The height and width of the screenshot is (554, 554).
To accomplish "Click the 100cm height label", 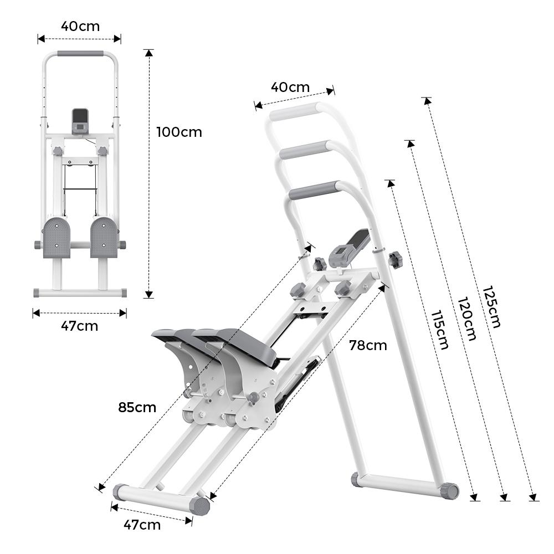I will click(179, 132).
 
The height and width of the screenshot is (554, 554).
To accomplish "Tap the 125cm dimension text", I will click(491, 306).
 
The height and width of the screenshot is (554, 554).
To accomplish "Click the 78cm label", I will click(368, 345).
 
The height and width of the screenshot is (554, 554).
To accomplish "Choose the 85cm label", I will click(137, 407).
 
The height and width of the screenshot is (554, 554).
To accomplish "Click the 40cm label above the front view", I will click(80, 26).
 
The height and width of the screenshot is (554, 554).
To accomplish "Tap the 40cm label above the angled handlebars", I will click(290, 87).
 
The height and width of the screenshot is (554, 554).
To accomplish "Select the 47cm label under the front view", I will click(79, 326).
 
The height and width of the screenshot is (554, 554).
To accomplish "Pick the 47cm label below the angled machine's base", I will click(142, 524).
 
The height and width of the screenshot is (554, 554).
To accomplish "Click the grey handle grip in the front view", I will click(80, 54).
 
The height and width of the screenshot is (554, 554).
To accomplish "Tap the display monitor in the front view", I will click(80, 120).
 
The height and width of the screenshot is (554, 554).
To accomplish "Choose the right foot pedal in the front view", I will click(104, 237).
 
